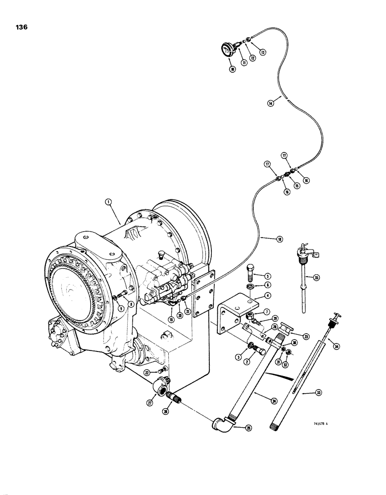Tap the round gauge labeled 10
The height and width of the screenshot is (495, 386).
pos(228,49)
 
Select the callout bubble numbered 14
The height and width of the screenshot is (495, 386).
pos(271,103)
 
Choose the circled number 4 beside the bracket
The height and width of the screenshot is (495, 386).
pos(267,296)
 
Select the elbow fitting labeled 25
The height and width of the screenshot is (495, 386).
pos(220,425)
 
